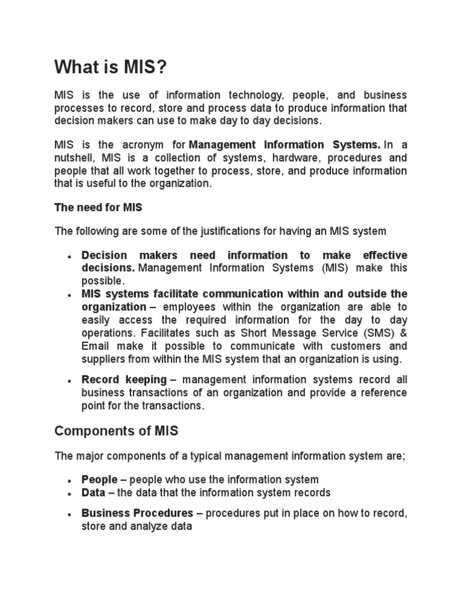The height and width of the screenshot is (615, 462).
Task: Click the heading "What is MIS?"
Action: [x=109, y=68]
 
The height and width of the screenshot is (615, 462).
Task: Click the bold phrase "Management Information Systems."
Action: [x=285, y=145]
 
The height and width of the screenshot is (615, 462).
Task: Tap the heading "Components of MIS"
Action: [x=116, y=431]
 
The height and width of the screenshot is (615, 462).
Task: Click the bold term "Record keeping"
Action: [x=124, y=380]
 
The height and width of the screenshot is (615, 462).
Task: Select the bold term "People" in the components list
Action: [x=100, y=479]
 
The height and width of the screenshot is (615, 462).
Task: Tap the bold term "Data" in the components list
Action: [x=94, y=492]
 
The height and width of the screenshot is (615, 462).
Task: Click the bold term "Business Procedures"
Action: [x=137, y=514]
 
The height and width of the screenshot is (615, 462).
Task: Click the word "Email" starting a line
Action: [x=94, y=347]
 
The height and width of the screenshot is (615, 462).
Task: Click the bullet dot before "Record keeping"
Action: [x=70, y=381]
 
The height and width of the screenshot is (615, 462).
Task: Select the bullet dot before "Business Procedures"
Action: [x=70, y=515]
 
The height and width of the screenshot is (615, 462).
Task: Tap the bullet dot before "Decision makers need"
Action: [x=70, y=256]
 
